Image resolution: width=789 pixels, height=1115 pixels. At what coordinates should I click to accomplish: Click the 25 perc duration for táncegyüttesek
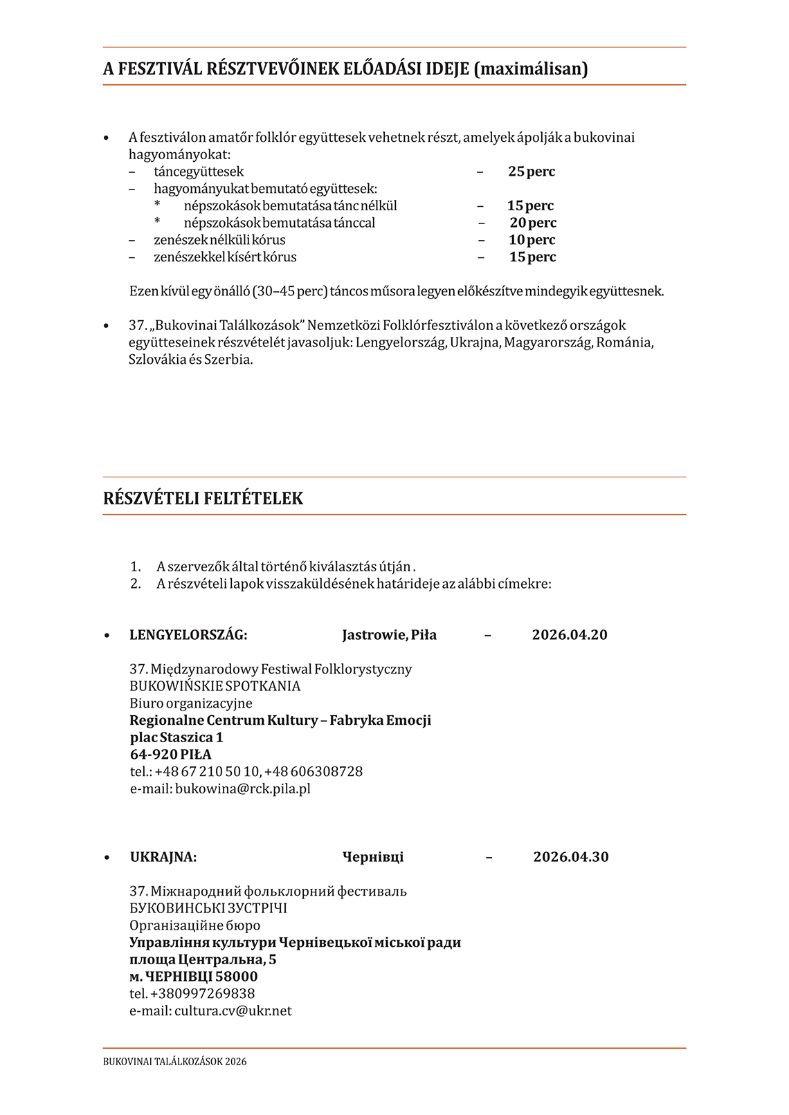tap(531, 172)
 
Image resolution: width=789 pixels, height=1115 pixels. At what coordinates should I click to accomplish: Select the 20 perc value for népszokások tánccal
tap(533, 223)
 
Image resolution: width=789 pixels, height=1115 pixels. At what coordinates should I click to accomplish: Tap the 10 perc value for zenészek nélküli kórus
tap(532, 240)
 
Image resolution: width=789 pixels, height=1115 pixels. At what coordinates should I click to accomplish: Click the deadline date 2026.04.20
tap(569, 635)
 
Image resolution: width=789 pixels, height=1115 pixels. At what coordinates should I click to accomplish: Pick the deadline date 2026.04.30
tap(570, 857)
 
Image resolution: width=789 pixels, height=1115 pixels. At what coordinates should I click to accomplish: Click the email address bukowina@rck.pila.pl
tap(242, 789)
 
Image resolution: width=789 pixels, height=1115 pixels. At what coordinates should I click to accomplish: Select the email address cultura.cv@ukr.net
tap(233, 1011)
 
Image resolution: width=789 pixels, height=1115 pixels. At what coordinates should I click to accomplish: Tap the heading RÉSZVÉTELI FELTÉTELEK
tap(203, 499)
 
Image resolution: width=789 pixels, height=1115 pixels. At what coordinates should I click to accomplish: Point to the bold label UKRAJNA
tap(163, 857)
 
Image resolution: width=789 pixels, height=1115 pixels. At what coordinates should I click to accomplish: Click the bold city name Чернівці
tap(372, 857)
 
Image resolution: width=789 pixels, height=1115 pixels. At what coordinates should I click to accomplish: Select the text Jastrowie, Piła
tap(389, 635)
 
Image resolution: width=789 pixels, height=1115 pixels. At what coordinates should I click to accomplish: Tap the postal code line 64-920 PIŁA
tap(170, 755)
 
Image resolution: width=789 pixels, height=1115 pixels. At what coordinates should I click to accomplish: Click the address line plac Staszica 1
tap(176, 737)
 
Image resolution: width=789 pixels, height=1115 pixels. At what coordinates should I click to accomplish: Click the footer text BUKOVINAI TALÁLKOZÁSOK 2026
tap(174, 1062)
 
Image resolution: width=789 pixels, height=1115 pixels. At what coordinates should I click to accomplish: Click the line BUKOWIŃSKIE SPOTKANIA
tap(215, 686)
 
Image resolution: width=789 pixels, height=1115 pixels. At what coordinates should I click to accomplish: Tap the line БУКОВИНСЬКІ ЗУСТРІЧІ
tap(208, 908)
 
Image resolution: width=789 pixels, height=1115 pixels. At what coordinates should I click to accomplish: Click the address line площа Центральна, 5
tap(202, 959)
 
